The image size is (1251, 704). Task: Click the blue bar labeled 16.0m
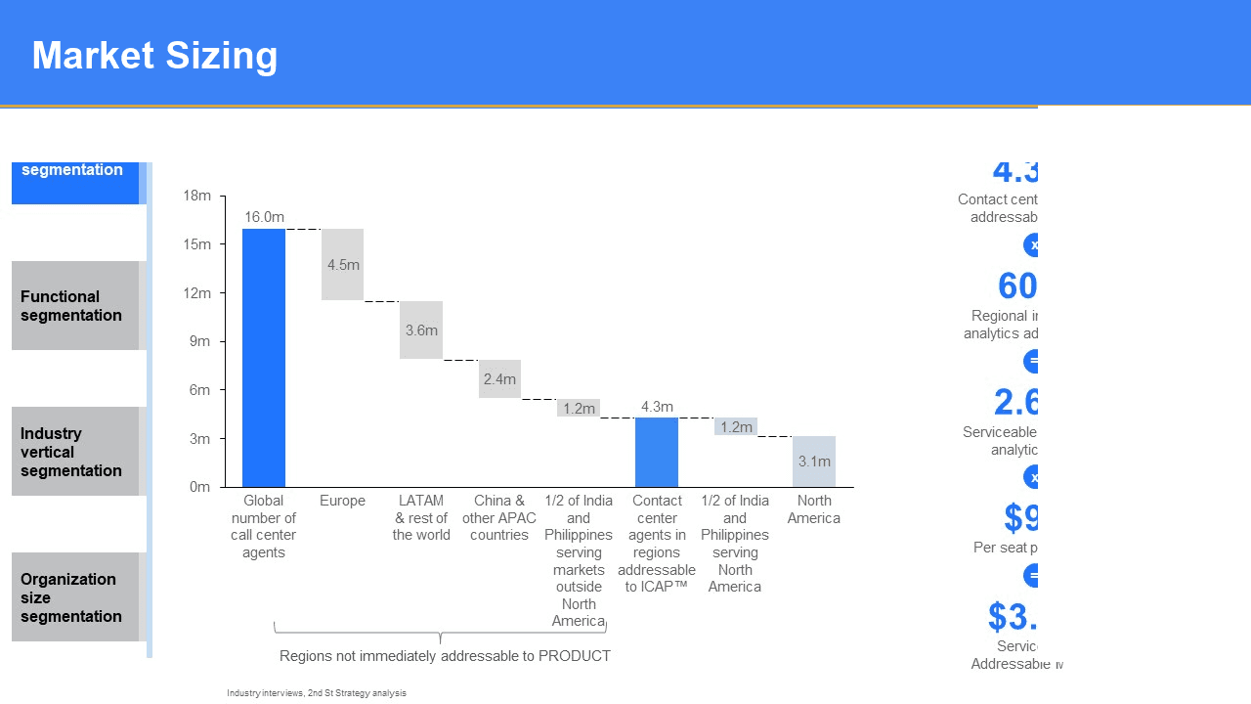click(x=264, y=357)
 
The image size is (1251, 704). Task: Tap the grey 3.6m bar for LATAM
click(x=421, y=330)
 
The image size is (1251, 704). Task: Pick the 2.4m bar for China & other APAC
click(x=499, y=378)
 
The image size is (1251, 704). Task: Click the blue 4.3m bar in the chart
click(x=657, y=452)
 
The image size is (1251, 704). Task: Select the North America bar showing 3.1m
click(x=814, y=462)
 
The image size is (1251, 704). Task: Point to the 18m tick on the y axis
click(x=196, y=196)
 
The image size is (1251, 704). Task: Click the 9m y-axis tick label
click(x=198, y=341)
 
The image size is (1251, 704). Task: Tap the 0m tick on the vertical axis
click(x=199, y=487)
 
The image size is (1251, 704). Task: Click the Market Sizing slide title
click(x=154, y=56)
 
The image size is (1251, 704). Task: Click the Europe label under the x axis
click(x=342, y=501)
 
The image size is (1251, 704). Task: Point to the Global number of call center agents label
click(x=264, y=526)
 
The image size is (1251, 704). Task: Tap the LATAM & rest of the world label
click(x=421, y=517)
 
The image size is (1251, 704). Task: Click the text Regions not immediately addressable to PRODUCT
click(x=445, y=656)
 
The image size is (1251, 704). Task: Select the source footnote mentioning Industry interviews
click(x=317, y=693)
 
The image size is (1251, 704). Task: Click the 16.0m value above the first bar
click(x=264, y=217)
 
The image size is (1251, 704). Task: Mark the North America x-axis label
click(x=814, y=509)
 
